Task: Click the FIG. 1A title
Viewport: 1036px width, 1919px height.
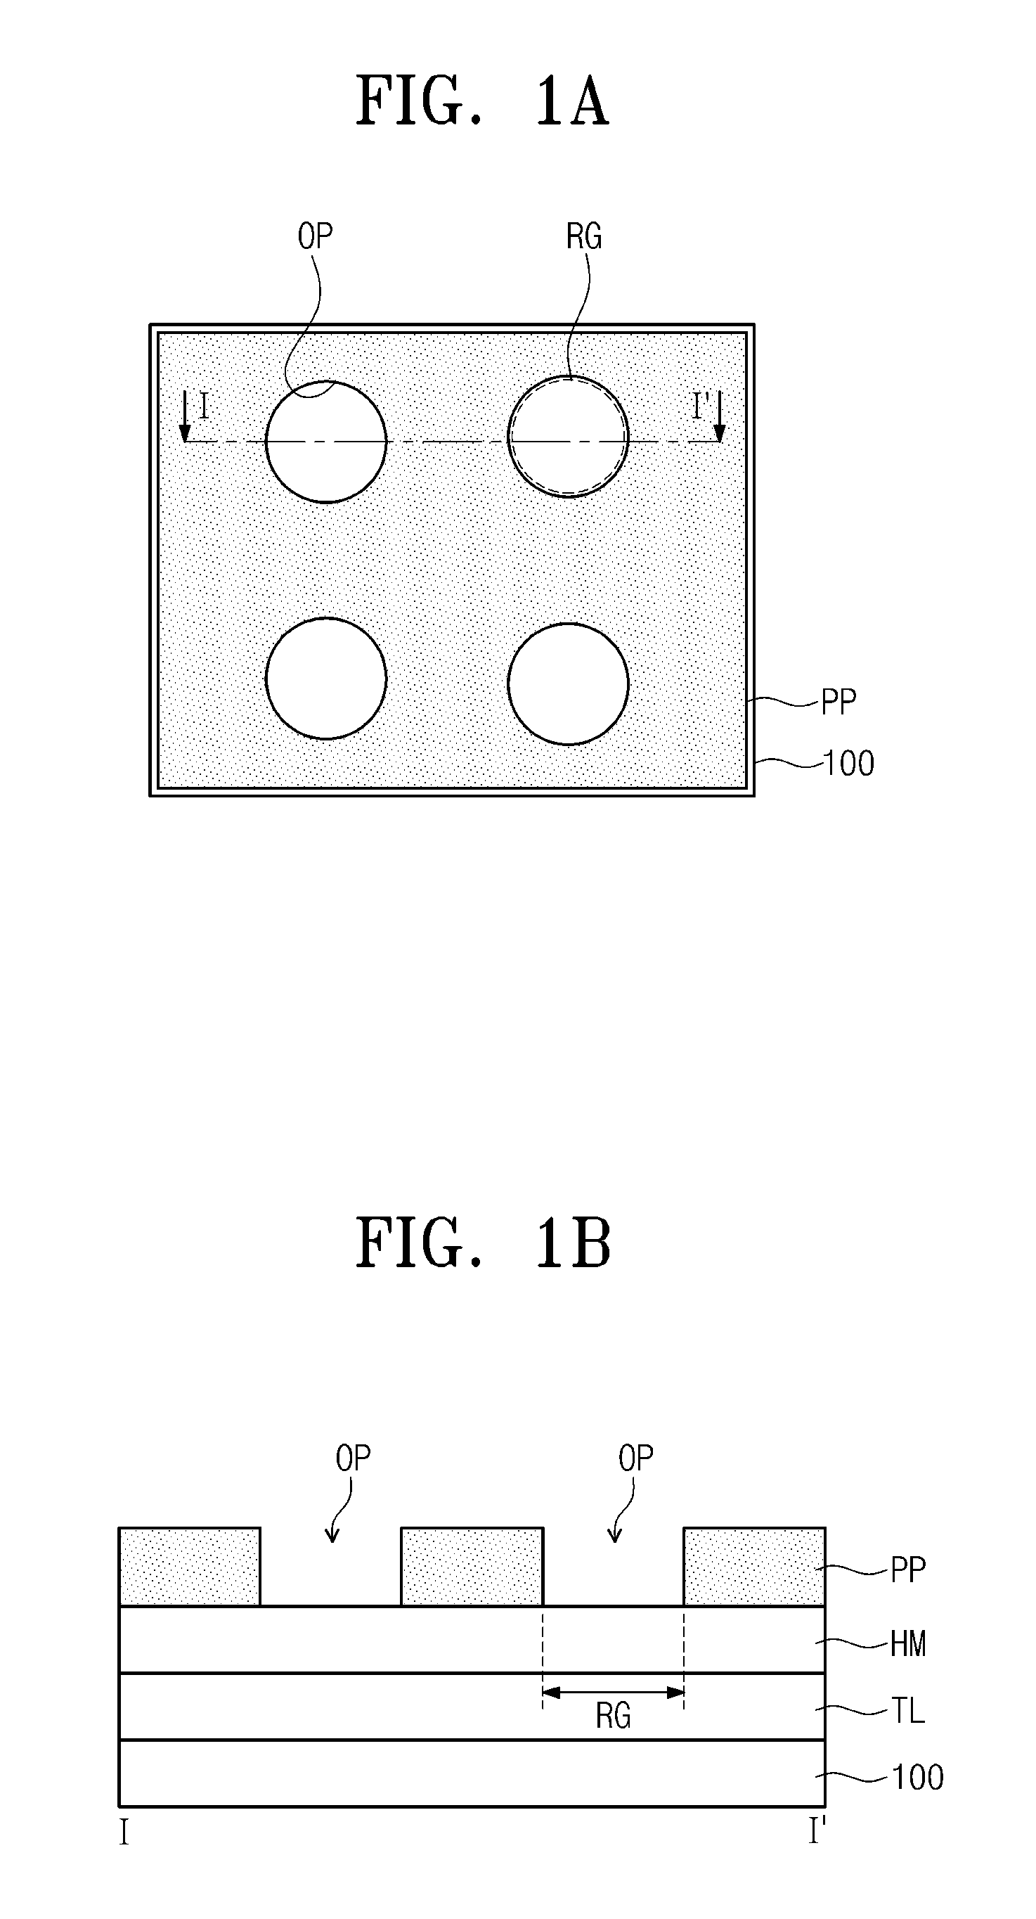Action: tap(483, 101)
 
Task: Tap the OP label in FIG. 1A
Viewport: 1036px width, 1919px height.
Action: tap(315, 237)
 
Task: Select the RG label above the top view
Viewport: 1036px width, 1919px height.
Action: tap(583, 237)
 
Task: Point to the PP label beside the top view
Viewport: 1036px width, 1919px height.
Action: tap(838, 702)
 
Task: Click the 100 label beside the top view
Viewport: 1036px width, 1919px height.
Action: tap(849, 764)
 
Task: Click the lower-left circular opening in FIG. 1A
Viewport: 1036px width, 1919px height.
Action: tap(326, 678)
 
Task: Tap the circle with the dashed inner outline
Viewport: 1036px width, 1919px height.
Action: tap(569, 436)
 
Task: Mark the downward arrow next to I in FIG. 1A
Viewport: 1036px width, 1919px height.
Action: tap(186, 418)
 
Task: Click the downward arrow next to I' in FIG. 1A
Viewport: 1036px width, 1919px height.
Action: tap(720, 418)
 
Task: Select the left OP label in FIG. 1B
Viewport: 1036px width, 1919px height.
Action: tap(352, 1458)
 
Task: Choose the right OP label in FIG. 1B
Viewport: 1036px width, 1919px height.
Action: tap(635, 1458)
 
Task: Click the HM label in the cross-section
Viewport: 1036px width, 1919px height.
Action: tap(908, 1643)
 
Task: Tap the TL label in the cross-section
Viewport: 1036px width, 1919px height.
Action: tap(908, 1710)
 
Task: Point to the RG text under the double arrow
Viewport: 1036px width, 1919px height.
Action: tap(613, 1716)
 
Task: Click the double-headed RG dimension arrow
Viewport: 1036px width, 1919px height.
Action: tap(613, 1693)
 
